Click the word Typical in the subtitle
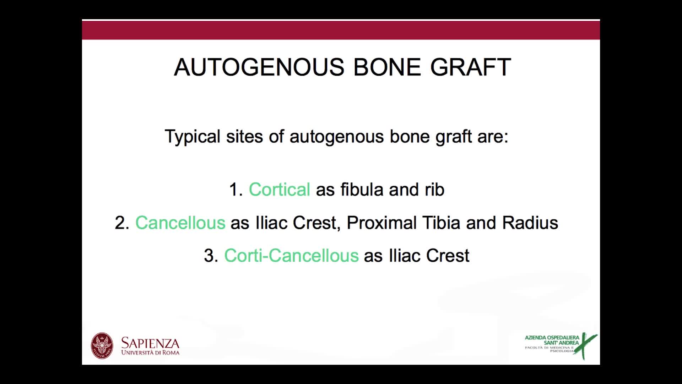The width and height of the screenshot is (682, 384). [x=192, y=137]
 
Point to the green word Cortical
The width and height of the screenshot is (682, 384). [x=279, y=190]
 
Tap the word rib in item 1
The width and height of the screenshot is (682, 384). [x=434, y=190]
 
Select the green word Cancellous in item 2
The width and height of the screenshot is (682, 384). [x=180, y=223]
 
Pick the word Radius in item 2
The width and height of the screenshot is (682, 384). [x=530, y=223]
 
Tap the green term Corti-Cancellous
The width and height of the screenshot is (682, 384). [x=291, y=256]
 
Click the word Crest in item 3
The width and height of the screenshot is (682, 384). [x=448, y=256]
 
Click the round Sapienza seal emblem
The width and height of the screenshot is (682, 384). [x=102, y=346]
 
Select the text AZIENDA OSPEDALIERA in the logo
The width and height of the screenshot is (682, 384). [x=552, y=337]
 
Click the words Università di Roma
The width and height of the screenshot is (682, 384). [x=150, y=353]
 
